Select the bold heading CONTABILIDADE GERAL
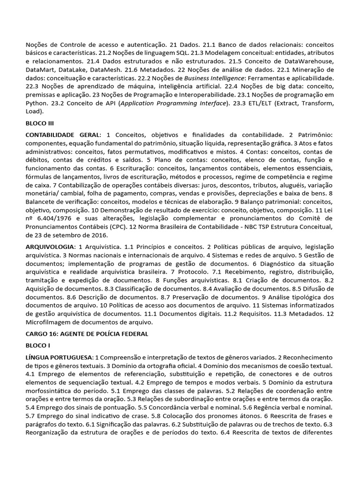pyautogui.click(x=62, y=135)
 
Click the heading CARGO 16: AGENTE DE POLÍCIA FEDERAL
pyautogui.click(x=87, y=334)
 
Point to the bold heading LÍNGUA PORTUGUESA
pyautogui.click(x=59, y=358)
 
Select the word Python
pyautogui.click(x=36, y=103)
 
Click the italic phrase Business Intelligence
pyautogui.click(x=213, y=78)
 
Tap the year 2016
pyautogui.click(x=98, y=235)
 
